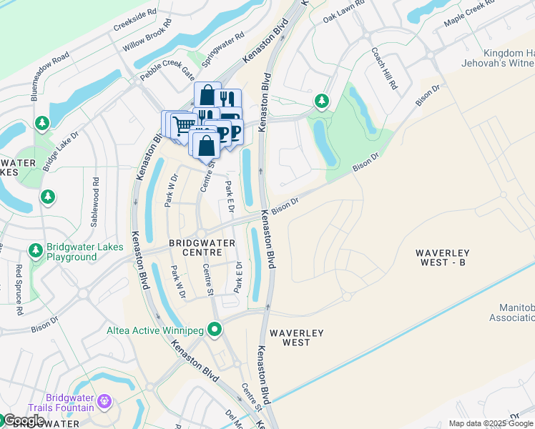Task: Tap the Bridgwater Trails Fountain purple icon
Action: [x=105, y=401]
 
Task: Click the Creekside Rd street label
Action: [x=134, y=21]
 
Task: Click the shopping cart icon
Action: [x=183, y=125]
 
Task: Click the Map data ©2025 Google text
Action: [x=491, y=423]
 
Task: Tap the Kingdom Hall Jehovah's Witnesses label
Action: [x=509, y=59]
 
